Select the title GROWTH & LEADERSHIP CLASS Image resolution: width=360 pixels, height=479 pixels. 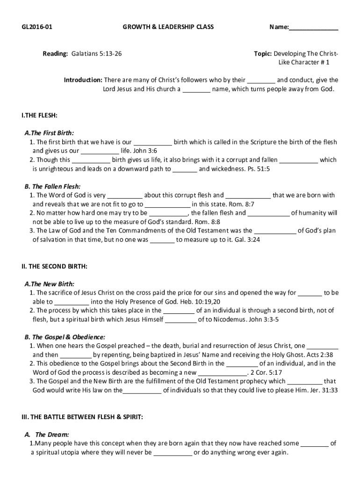point(168,27)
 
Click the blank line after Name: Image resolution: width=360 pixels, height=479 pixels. point(313,28)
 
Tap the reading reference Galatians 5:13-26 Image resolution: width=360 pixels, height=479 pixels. point(96,54)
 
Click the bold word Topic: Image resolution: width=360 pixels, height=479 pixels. point(263,54)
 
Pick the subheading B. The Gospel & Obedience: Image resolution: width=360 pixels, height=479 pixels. point(65,337)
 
